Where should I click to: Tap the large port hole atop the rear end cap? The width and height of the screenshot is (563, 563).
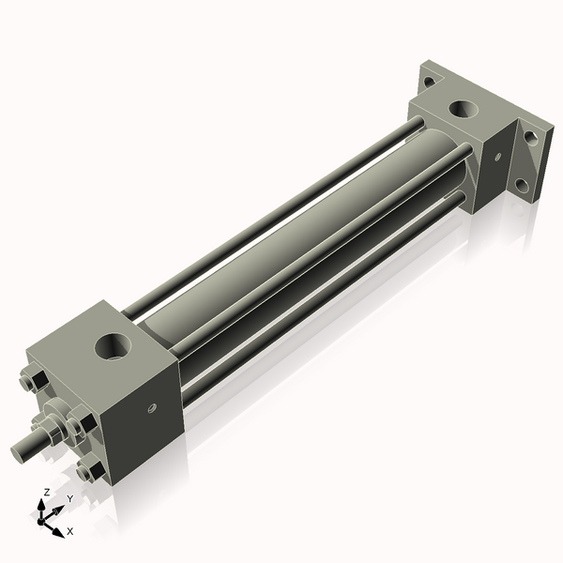click(x=462, y=109)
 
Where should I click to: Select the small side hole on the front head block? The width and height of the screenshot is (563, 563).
click(x=150, y=408)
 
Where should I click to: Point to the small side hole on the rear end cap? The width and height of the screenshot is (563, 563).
click(x=498, y=153)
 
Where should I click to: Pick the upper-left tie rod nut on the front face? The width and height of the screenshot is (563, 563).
click(x=31, y=382)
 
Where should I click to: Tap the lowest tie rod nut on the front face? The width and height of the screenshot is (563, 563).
click(x=90, y=470)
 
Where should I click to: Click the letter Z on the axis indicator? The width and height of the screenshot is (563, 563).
click(x=45, y=492)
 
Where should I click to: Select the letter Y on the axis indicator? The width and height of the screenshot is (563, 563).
click(x=68, y=498)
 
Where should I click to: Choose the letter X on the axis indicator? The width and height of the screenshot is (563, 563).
click(x=69, y=531)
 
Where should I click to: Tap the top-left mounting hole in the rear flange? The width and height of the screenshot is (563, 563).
click(x=429, y=82)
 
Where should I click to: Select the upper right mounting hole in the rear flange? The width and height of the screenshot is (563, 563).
click(x=531, y=137)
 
